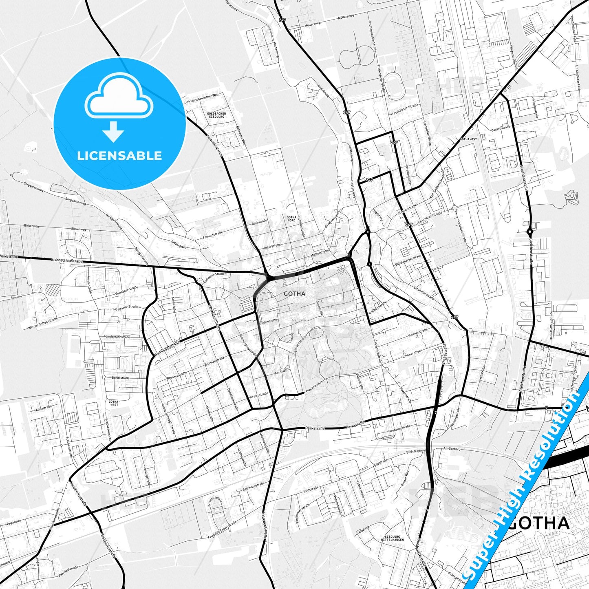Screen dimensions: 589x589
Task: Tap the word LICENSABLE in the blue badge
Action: (119, 155)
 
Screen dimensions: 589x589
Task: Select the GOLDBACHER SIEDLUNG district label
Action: (216, 115)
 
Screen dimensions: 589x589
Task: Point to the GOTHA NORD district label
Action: (291, 219)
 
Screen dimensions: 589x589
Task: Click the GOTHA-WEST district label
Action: (114, 403)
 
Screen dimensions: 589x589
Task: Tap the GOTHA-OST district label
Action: (468, 139)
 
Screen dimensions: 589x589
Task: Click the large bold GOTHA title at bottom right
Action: (539, 523)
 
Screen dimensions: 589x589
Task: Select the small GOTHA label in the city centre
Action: (294, 293)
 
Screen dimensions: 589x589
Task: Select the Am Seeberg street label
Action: (452, 449)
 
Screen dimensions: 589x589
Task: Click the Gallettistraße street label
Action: (501, 128)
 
